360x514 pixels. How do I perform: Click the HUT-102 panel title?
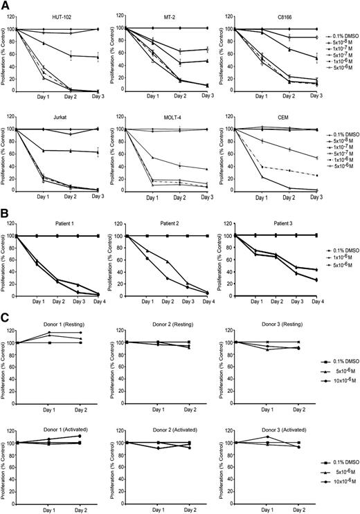pos(61,15)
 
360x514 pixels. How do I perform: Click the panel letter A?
pos(6,6)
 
